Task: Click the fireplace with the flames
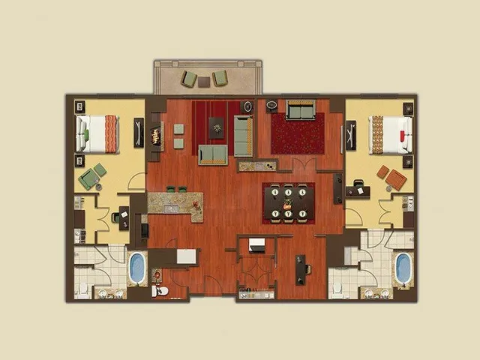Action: [156, 136]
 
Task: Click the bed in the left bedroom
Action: [98, 133]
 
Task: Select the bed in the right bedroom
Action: [390, 134]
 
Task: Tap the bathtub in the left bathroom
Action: [136, 268]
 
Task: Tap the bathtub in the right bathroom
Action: [403, 268]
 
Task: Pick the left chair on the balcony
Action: [190, 78]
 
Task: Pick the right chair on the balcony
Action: [220, 77]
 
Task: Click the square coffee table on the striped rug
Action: [216, 128]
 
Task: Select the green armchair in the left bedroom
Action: [90, 178]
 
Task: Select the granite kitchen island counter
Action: [176, 204]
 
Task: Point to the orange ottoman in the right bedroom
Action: [395, 180]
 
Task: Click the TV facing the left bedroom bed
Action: [139, 133]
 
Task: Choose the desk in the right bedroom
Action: [358, 190]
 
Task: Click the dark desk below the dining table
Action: [301, 268]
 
